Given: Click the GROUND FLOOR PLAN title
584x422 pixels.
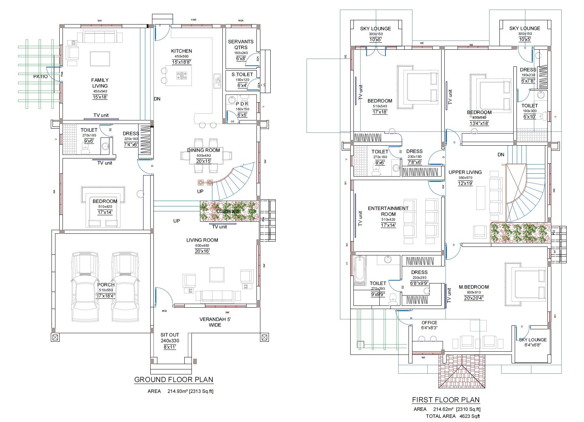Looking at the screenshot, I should pos(174,379).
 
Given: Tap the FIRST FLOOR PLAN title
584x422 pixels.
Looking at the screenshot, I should pos(446,400).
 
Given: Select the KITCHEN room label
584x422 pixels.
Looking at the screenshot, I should pos(182,51).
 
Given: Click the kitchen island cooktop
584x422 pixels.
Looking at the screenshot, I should pos(182,75).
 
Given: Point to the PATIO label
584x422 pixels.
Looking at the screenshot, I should pos(40,76).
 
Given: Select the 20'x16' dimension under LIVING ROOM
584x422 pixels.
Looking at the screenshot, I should pos(202,251).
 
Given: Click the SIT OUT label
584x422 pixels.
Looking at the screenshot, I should pos(170,335).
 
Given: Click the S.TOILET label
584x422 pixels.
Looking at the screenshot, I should pos(242,74).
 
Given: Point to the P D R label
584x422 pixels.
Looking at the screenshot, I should pos(242,104).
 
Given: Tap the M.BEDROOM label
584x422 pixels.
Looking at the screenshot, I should pos(474,287).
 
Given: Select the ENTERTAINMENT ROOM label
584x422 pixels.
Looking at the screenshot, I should pos(388,211).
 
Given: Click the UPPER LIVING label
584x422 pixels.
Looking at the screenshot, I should pos(465,172).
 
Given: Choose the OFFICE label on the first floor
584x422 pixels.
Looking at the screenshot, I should pos(429,323).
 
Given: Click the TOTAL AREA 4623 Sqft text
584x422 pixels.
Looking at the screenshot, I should pos(453,416).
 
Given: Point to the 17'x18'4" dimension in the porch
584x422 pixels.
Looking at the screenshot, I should pos(106,296).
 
